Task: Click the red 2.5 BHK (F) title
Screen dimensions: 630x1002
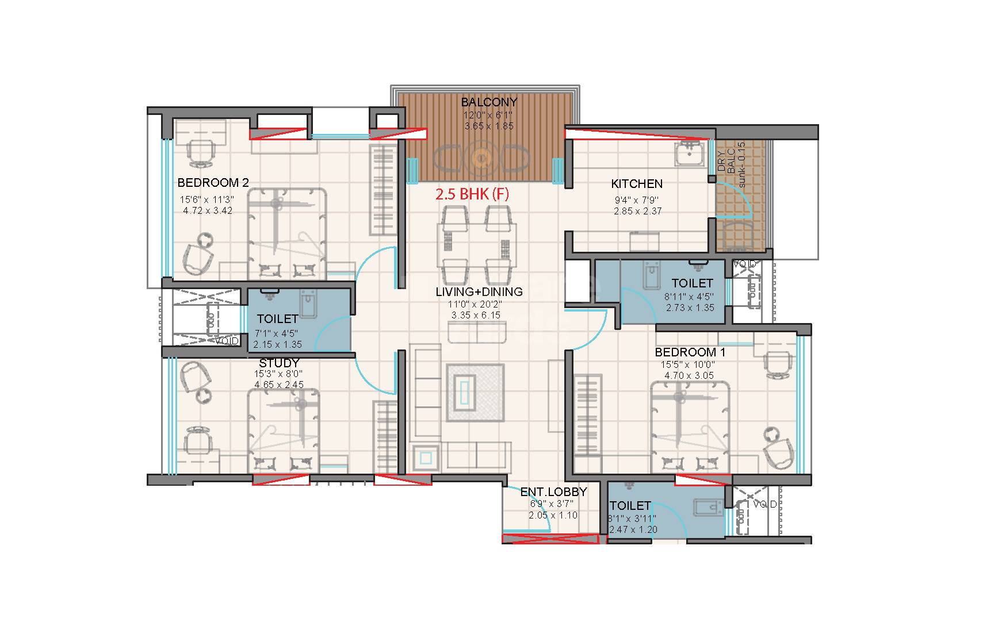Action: point(472,194)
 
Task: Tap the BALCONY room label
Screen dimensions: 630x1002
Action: point(489,102)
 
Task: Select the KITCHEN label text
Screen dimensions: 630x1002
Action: point(636,184)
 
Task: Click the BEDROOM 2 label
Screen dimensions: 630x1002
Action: point(213,183)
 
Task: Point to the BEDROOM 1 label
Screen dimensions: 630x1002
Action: point(690,352)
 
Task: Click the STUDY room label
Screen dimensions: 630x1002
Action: point(279,363)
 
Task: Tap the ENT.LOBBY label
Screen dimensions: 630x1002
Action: point(553,492)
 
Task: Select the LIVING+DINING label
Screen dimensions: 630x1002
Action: point(479,292)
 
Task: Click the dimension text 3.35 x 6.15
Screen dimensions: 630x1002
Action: point(476,315)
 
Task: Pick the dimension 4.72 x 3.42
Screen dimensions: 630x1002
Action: point(208,211)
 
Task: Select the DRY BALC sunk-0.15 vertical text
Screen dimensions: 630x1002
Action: point(731,164)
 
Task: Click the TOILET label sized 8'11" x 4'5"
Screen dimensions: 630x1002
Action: point(692,283)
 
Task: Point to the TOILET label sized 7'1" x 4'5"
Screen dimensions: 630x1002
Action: point(277,319)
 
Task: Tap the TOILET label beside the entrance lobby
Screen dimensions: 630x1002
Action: point(630,506)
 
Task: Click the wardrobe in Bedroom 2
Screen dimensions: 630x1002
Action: point(383,190)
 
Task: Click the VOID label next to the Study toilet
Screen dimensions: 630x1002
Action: point(227,341)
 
